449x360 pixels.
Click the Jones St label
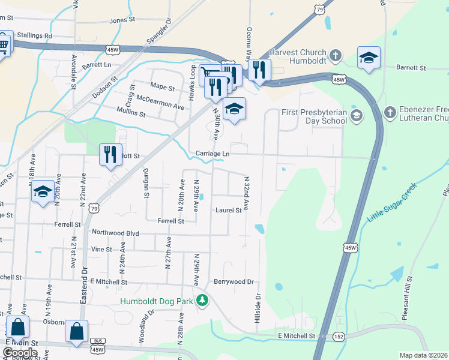[122, 20]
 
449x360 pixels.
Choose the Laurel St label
[228, 210]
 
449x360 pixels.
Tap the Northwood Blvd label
[115, 232]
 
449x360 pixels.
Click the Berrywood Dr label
[234, 281]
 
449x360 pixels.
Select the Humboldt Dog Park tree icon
[203, 301]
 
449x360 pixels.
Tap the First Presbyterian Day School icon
[357, 115]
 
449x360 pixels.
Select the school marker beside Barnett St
[369, 58]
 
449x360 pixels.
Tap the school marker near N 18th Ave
[43, 191]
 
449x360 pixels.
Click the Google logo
[20, 352]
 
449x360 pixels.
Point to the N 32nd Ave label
[246, 193]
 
